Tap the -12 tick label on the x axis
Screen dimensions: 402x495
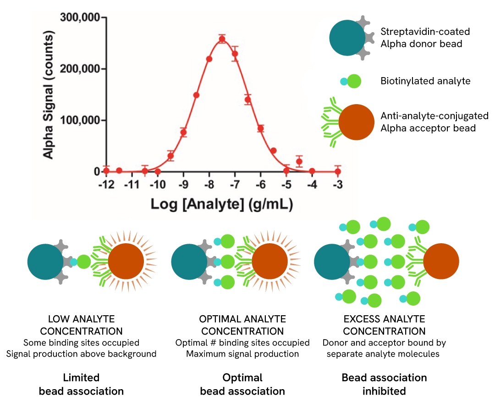coord(106,184)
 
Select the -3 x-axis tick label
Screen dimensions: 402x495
coord(338,184)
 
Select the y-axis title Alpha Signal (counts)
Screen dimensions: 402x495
coord(48,94)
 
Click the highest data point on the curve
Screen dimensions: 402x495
coord(222,39)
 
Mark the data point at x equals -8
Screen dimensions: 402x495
coord(209,59)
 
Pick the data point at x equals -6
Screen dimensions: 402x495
coord(260,128)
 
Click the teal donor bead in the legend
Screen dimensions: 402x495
coord(347,38)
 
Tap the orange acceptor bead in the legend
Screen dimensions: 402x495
coord(356,122)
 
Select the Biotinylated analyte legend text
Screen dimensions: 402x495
coord(425,81)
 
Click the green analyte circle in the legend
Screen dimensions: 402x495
coord(354,82)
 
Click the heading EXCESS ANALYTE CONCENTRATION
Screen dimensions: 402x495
coord(384,325)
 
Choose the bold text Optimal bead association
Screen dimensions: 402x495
coord(242,385)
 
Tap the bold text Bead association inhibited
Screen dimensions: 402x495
coord(384,385)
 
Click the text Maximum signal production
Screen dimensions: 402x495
coord(242,354)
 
